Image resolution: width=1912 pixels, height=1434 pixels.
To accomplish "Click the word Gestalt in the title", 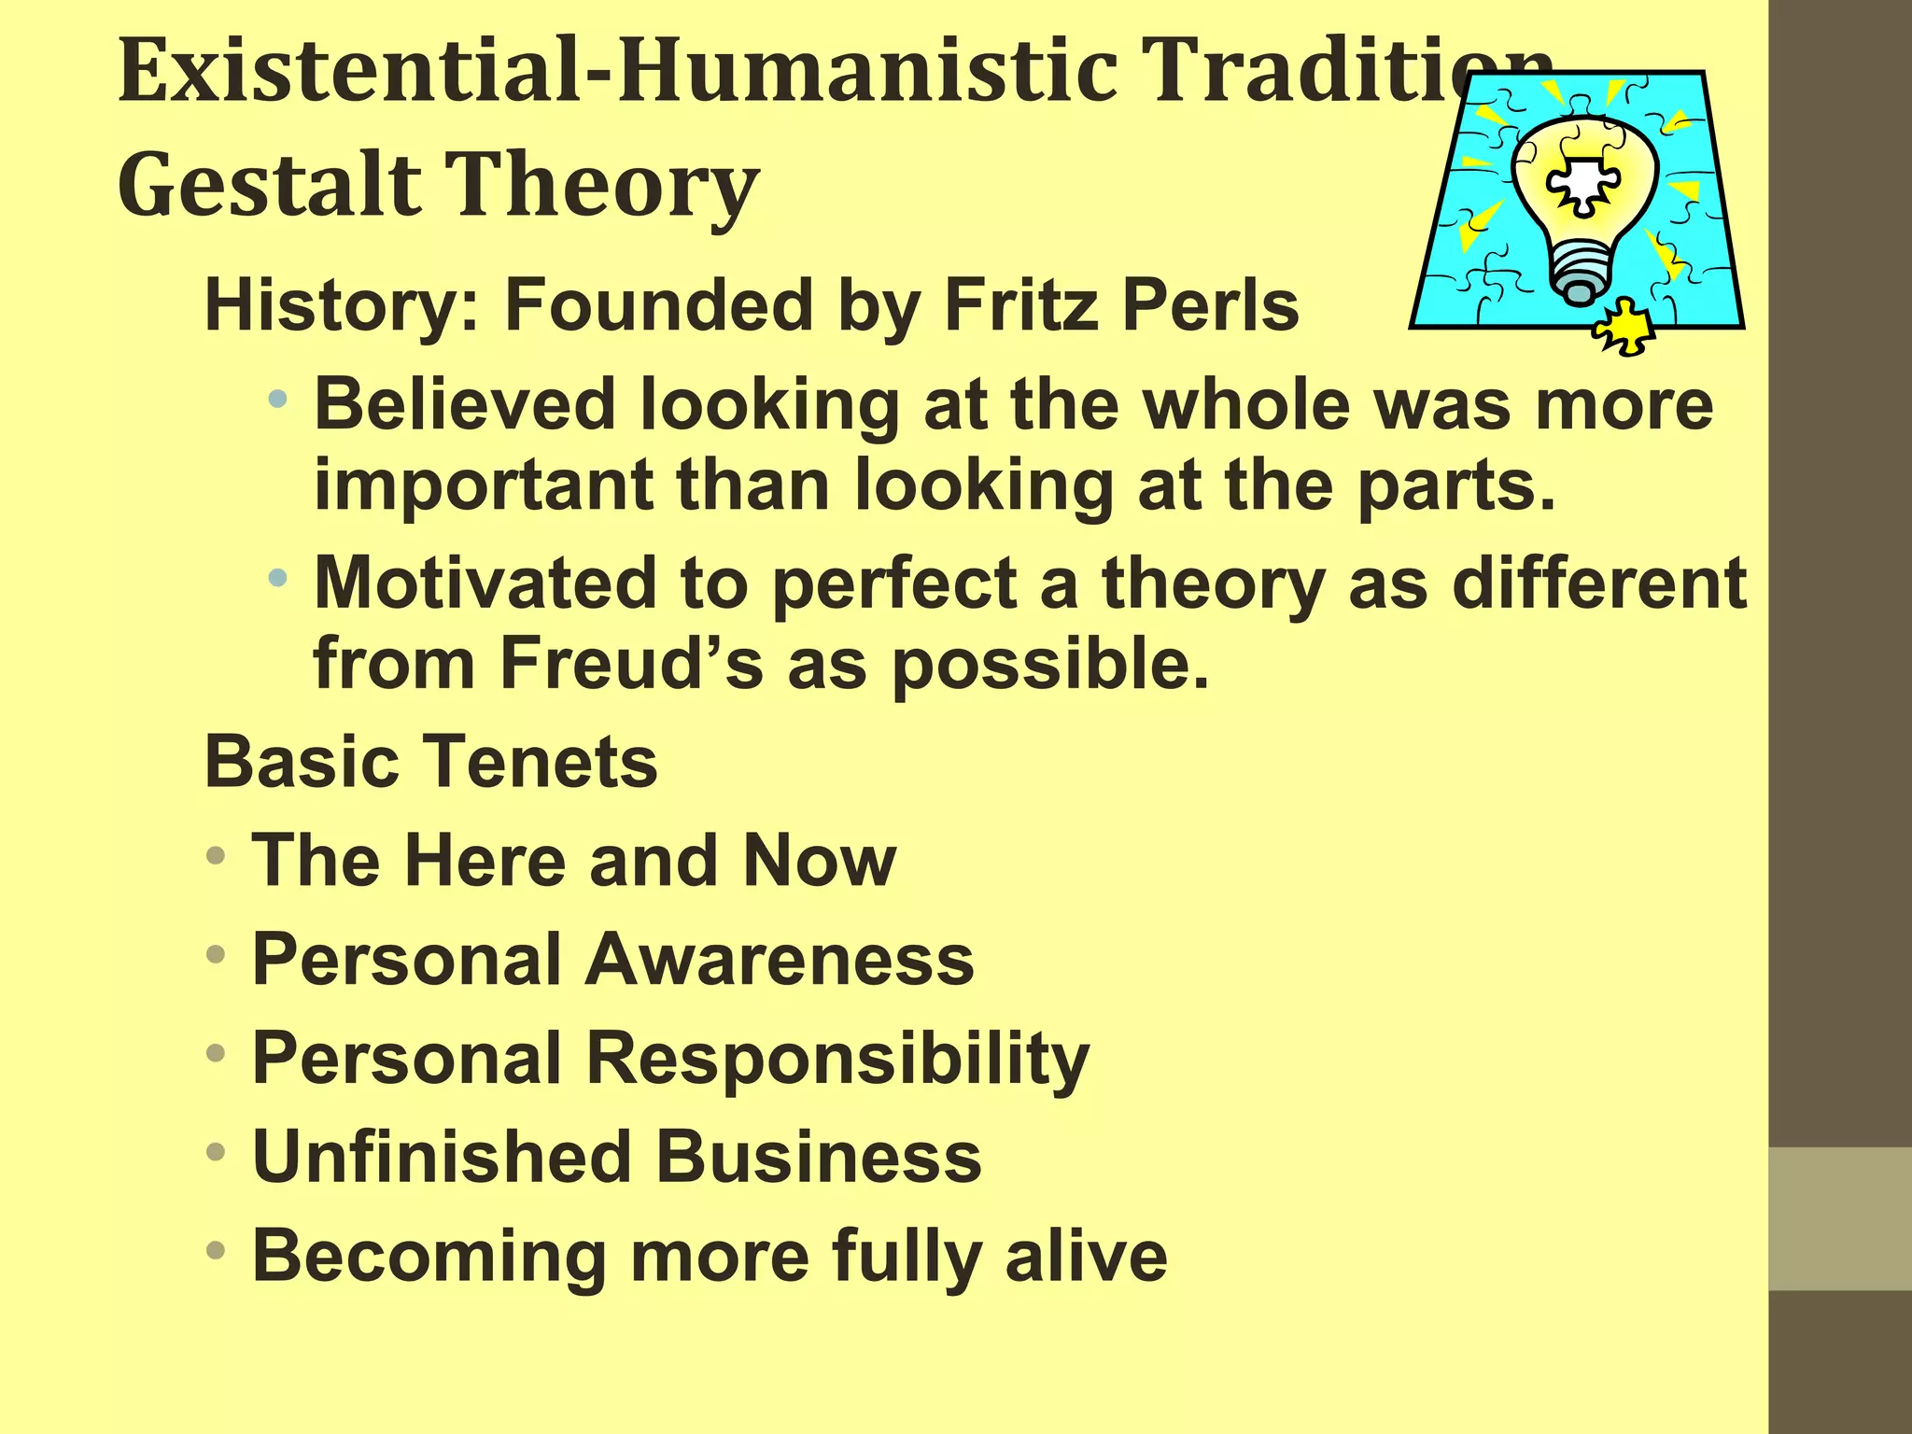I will point(270,185).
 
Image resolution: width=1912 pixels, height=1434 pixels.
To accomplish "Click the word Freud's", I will point(631,663).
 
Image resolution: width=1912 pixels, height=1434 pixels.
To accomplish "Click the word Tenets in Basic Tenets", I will point(547,762).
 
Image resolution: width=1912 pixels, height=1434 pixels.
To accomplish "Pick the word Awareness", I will point(779,960).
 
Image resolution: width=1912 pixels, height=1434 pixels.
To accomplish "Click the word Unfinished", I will point(443,1157).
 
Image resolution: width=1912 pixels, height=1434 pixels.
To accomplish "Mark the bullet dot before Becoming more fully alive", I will point(217,1251).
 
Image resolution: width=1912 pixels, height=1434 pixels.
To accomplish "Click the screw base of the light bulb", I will point(1580,274).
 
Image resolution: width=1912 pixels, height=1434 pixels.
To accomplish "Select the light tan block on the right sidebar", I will point(1840,1218).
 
